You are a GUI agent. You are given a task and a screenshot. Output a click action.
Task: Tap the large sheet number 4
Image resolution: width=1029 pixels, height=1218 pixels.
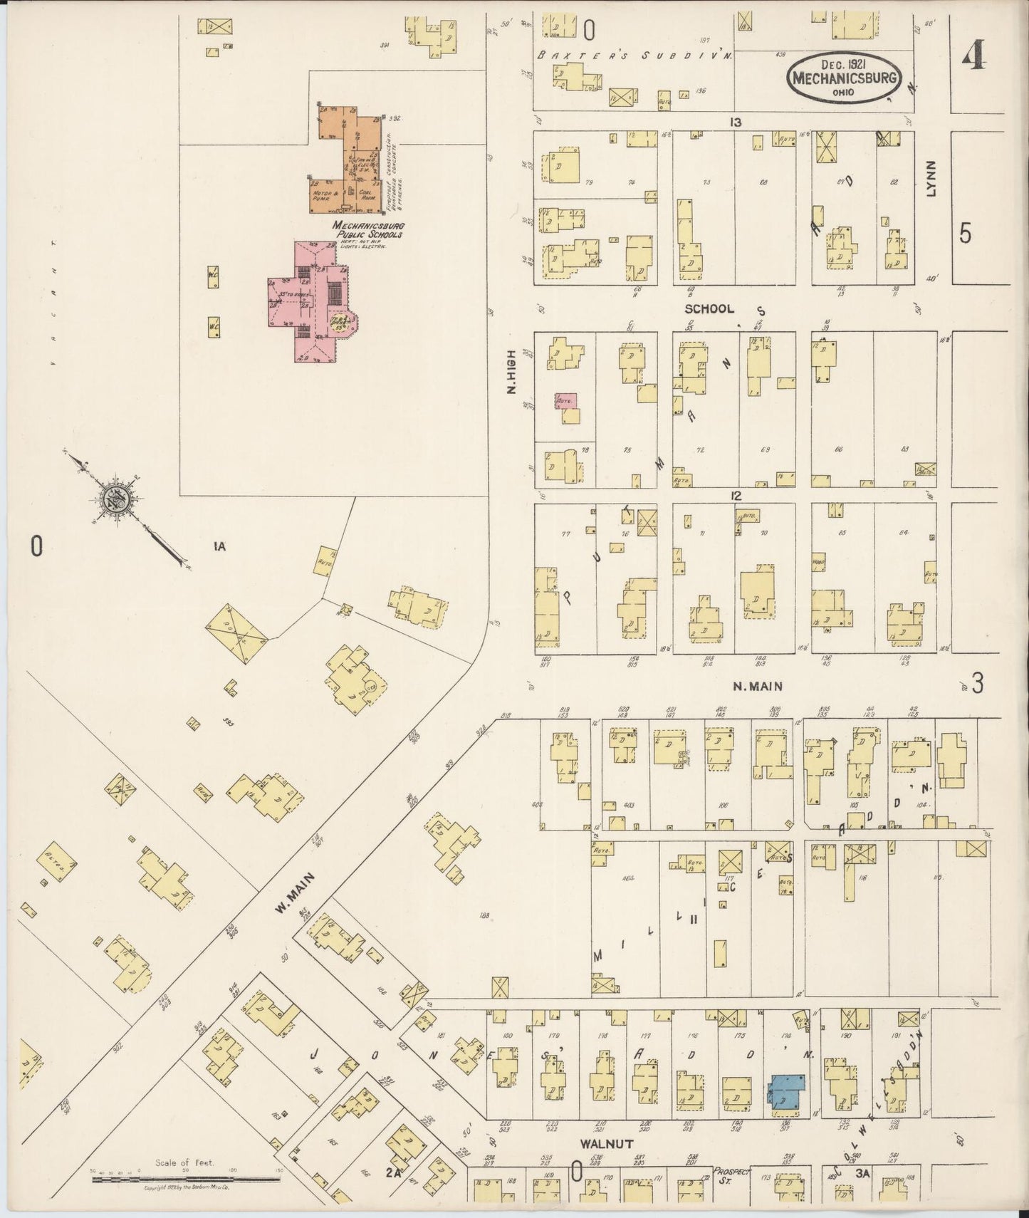coord(973,55)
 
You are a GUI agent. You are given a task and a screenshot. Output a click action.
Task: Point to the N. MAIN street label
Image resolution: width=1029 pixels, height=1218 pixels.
coord(758,687)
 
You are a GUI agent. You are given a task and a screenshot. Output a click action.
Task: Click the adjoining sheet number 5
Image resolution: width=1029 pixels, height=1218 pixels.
coord(965,234)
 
